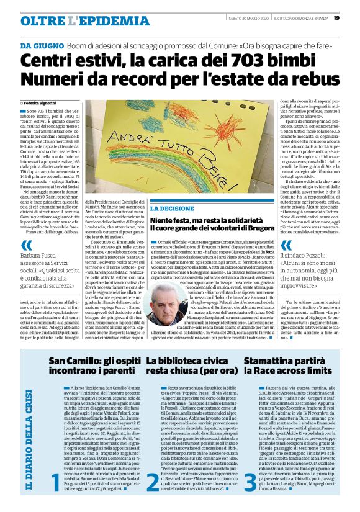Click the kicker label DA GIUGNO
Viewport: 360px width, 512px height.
[x=42, y=47]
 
